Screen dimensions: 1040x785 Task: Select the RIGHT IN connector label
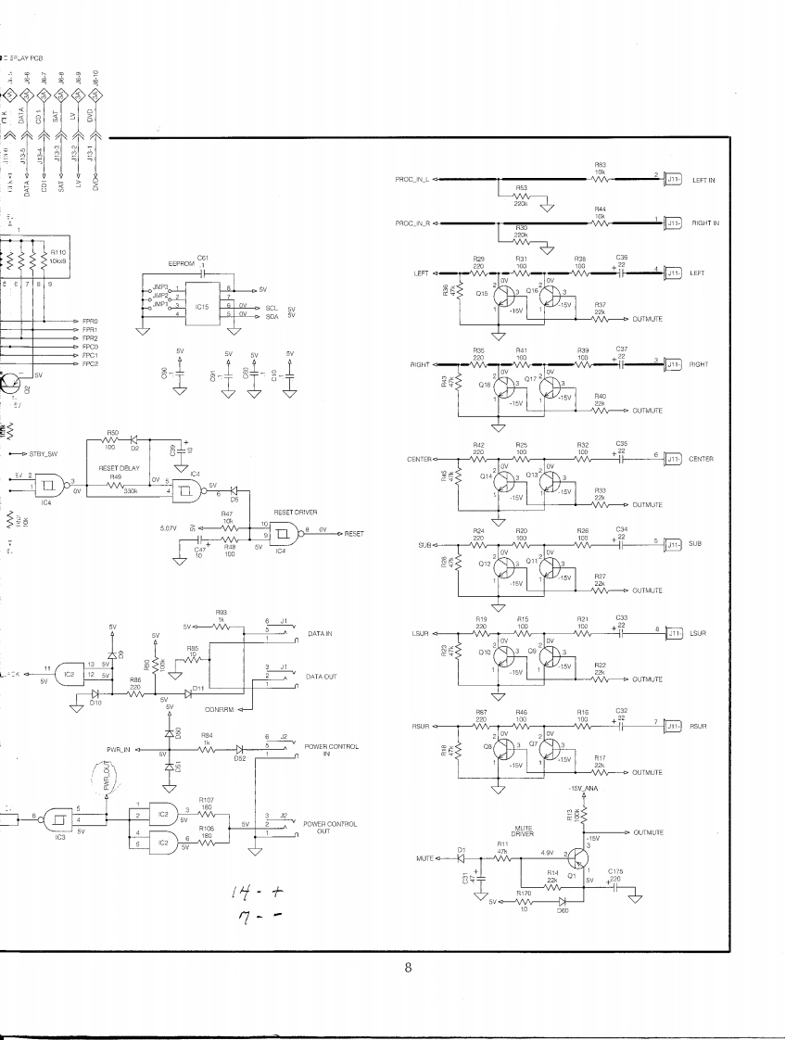click(704, 223)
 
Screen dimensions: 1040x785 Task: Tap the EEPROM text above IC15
click(179, 263)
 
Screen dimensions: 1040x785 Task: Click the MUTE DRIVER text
click(523, 831)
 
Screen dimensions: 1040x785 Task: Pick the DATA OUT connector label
click(321, 677)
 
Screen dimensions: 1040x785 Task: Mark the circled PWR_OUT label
click(108, 774)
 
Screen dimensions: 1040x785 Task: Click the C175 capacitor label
click(615, 870)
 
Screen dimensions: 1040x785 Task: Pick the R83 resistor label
click(600, 164)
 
